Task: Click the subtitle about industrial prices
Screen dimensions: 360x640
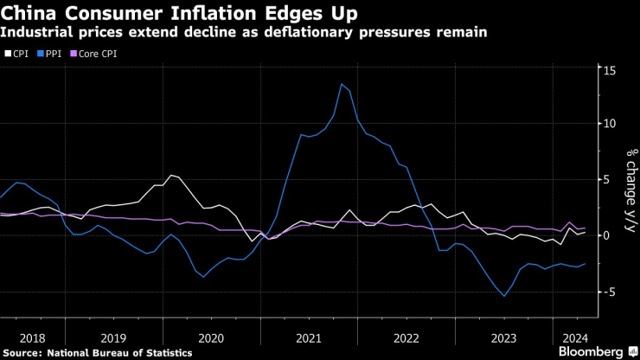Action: pos(244,33)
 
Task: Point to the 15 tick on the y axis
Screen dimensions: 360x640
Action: pos(609,69)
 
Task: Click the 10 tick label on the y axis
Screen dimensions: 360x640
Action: pos(609,124)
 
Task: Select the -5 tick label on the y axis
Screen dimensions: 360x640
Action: pos(609,292)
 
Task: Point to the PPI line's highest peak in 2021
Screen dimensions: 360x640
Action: pos(342,84)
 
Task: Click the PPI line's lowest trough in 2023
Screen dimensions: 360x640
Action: pos(504,296)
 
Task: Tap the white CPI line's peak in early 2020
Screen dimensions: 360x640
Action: pos(171,175)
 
